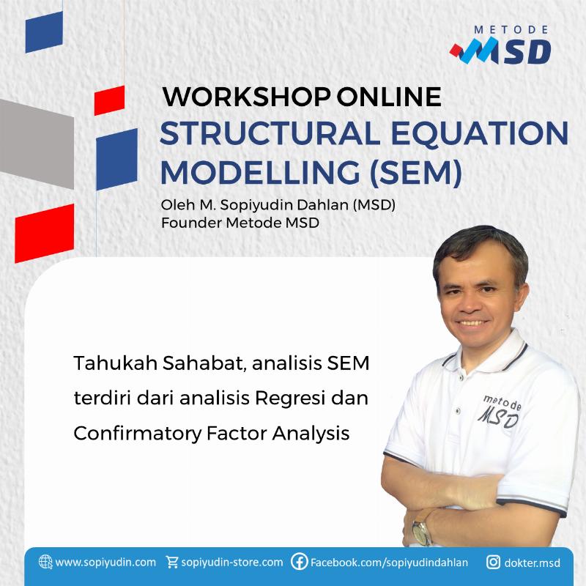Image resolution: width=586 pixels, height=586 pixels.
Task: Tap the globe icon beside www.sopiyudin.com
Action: tap(45, 563)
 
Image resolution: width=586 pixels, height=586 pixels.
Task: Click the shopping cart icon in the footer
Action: tap(172, 563)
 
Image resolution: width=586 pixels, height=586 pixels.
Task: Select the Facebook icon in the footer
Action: tap(299, 563)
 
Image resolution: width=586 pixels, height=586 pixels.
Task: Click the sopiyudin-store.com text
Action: tap(231, 563)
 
